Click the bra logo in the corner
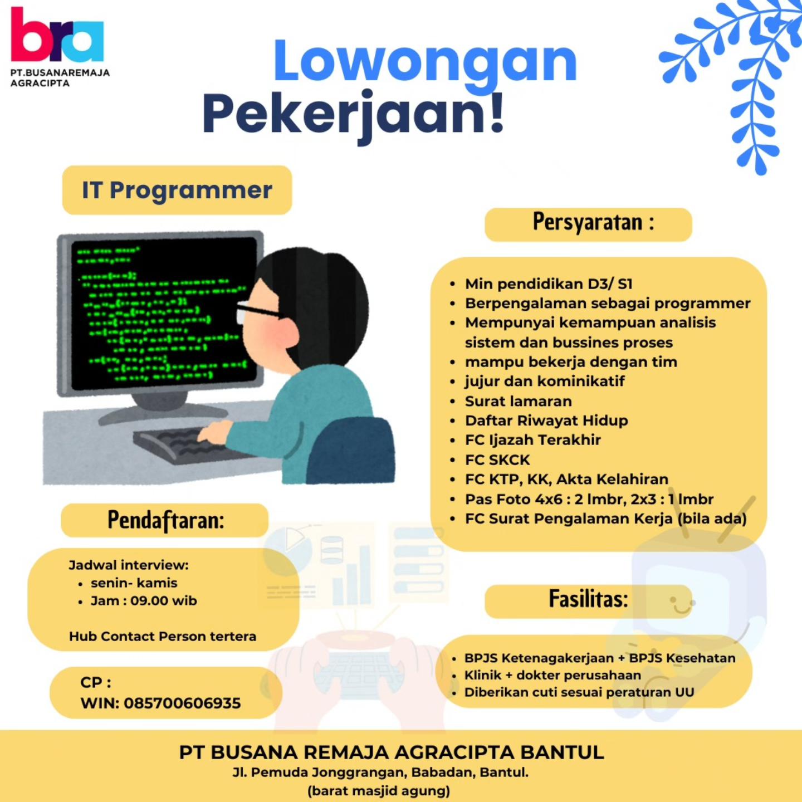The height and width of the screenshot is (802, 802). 57,35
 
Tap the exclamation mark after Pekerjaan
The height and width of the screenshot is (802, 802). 496,113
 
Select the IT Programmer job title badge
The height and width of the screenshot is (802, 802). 177,190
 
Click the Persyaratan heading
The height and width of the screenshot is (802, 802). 593,222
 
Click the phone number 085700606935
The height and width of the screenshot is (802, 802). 182,703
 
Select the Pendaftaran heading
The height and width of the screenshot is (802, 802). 165,520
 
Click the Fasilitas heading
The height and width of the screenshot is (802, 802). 588,599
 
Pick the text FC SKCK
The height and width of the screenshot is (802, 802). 497,460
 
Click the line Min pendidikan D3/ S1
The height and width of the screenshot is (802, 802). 549,284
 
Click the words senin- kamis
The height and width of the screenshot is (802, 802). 134,583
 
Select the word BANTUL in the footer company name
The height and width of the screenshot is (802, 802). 563,752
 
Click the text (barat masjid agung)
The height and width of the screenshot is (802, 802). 379,791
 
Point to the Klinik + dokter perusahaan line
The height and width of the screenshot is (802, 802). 552,674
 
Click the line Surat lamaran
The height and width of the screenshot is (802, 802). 518,401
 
